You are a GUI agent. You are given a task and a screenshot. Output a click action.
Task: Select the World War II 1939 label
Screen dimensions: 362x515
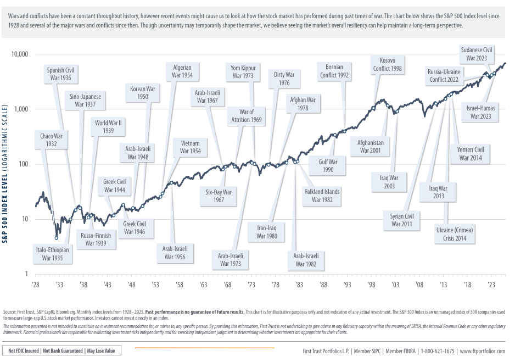tap(108, 127)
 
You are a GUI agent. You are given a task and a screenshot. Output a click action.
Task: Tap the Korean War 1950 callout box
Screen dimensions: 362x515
tap(142, 92)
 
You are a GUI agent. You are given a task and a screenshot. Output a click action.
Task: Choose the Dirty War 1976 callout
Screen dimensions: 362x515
tap(284, 79)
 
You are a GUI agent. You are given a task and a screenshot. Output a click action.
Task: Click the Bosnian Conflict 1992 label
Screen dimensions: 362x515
tap(334, 71)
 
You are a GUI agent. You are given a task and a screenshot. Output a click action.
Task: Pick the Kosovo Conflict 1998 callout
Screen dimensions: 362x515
tap(388, 64)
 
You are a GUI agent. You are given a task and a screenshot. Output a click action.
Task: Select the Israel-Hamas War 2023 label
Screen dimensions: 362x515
tap(481, 112)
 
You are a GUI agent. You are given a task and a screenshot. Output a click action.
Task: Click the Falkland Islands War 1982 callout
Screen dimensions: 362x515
tap(322, 196)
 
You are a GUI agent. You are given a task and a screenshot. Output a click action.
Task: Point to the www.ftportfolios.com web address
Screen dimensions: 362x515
tap(483, 350)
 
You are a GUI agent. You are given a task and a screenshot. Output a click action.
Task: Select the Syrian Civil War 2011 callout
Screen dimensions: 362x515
tap(402, 220)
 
